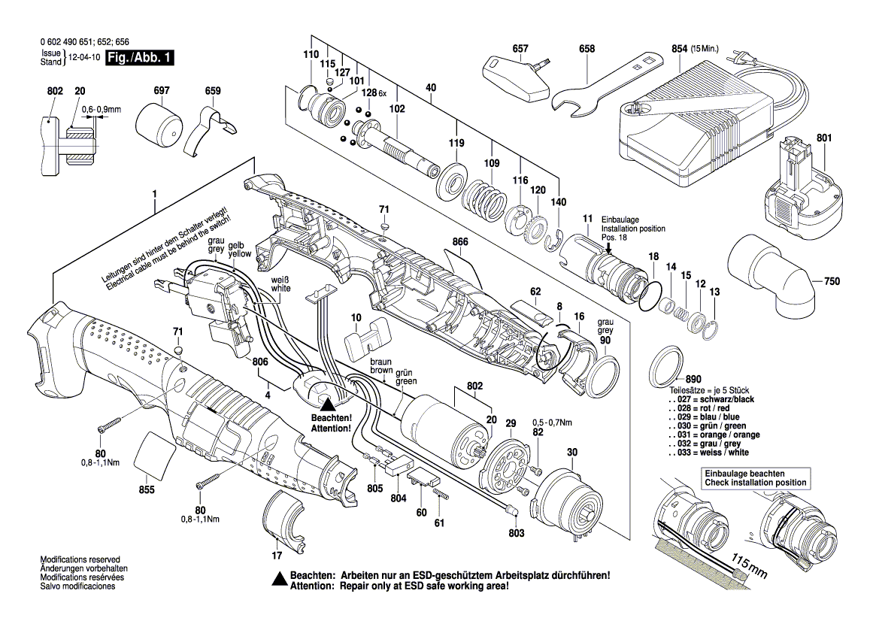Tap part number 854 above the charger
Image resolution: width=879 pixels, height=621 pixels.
point(679,49)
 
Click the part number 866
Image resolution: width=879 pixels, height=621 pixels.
point(460,242)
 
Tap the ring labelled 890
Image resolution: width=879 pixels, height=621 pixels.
point(665,362)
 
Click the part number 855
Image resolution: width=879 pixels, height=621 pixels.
point(147,490)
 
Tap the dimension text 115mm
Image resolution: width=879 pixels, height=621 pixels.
point(749,569)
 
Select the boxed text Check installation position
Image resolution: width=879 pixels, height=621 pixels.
point(755,483)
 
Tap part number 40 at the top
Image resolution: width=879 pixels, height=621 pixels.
point(430,88)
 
